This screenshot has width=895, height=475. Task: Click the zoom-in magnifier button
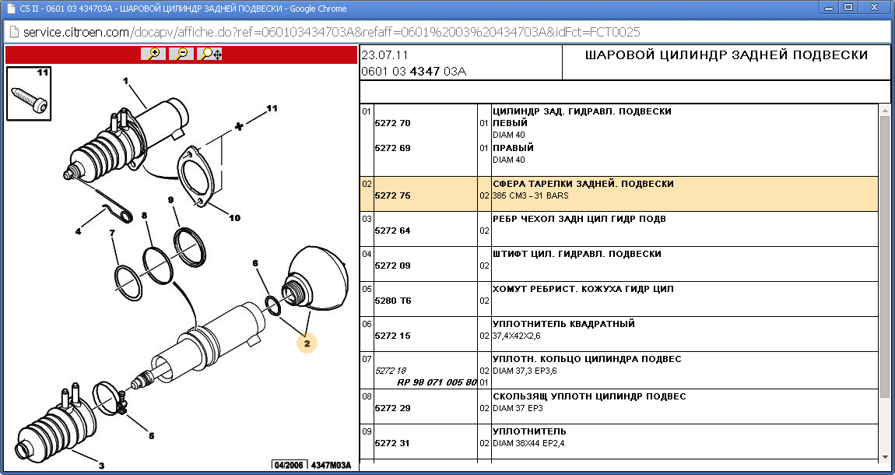153,54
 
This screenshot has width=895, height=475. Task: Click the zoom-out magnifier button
181,54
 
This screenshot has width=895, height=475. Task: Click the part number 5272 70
392,123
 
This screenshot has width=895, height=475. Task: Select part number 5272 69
392,148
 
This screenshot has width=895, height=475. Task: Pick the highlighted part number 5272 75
392,195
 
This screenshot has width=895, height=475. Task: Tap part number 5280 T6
392,301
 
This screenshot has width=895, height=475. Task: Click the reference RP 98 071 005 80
437,382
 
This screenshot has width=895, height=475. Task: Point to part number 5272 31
392,443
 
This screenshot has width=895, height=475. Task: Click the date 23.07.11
384,55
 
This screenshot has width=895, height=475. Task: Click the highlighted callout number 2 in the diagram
307,342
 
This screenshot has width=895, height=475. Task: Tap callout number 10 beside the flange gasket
234,218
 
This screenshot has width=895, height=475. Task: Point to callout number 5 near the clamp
151,435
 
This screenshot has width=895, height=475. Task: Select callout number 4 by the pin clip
78,230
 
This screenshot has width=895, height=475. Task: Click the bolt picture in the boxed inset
28,95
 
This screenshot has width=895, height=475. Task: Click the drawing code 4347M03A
331,465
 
